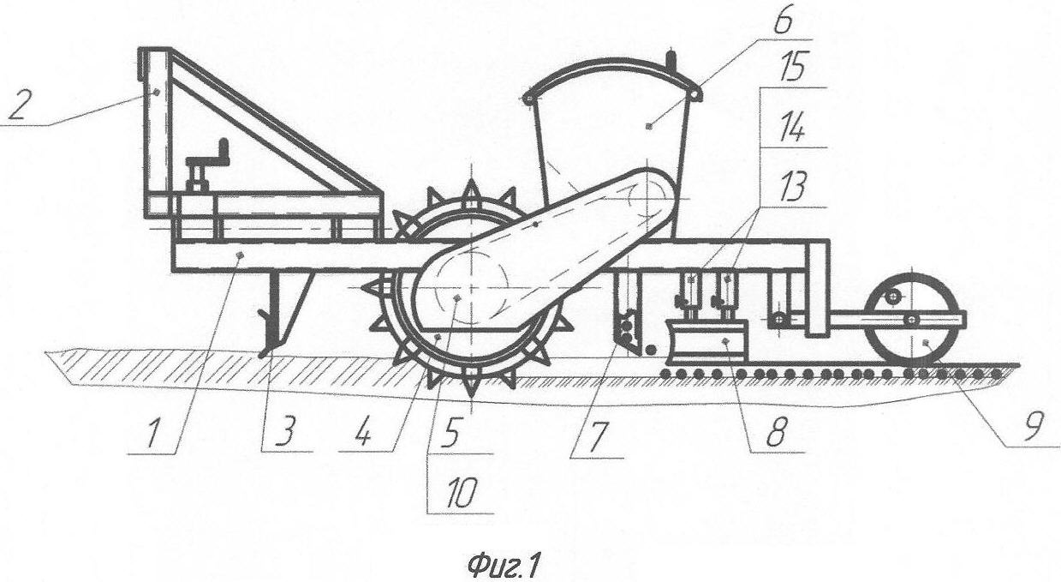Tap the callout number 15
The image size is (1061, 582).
point(791,67)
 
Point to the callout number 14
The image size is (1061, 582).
point(792,128)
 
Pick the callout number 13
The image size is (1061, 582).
point(791,188)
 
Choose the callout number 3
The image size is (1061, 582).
point(284,433)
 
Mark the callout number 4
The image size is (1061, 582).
point(362,433)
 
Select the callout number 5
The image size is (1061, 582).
point(450,433)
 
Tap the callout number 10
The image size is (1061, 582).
point(461,494)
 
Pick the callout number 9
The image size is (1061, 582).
point(1033,426)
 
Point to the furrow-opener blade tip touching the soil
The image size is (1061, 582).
point(264,354)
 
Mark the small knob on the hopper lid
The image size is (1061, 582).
point(671,60)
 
